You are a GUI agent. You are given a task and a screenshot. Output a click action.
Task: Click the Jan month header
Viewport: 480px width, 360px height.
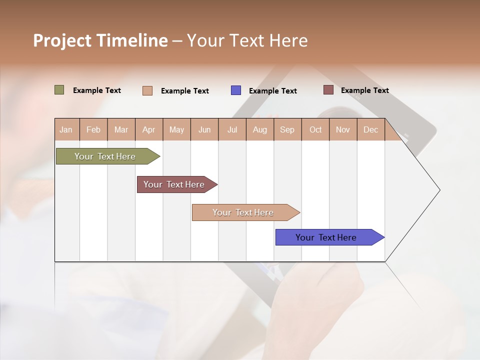click(66, 130)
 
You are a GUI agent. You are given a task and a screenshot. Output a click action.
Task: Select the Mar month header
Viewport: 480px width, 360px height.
click(121, 130)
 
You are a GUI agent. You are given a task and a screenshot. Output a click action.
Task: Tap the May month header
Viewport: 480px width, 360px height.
click(176, 130)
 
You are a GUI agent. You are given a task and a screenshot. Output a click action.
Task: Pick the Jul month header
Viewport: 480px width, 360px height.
click(232, 130)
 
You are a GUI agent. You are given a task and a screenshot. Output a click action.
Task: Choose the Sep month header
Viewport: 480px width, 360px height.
click(287, 130)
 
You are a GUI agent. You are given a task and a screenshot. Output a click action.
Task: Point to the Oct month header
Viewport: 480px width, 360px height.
click(315, 130)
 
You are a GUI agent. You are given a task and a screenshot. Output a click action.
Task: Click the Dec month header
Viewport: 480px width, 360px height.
click(370, 130)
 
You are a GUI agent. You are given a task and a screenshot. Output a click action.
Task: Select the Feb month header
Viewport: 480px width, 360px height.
click(93, 130)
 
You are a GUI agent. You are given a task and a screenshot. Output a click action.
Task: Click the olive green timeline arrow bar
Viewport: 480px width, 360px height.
click(105, 156)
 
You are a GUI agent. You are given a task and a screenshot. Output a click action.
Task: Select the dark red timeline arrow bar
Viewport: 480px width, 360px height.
click(174, 184)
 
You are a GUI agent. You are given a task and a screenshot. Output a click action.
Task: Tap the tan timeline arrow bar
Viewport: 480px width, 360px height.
click(243, 212)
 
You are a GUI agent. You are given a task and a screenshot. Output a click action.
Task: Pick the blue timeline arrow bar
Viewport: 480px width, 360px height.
click(326, 237)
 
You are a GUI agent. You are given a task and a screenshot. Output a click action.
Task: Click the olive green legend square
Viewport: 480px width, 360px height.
click(59, 90)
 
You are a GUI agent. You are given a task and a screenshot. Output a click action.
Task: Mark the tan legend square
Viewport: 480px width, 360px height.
click(147, 90)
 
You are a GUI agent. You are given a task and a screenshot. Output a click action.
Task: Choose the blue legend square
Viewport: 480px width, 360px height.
click(236, 90)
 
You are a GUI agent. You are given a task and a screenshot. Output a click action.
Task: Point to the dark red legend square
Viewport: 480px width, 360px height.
click(328, 90)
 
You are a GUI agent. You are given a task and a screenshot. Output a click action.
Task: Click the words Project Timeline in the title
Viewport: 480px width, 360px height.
click(100, 40)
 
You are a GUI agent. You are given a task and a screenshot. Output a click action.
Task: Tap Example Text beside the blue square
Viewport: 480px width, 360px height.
click(272, 91)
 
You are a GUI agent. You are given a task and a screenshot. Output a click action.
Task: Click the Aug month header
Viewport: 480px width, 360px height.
click(259, 130)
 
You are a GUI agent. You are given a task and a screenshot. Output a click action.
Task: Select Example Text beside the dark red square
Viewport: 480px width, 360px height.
click(364, 90)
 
